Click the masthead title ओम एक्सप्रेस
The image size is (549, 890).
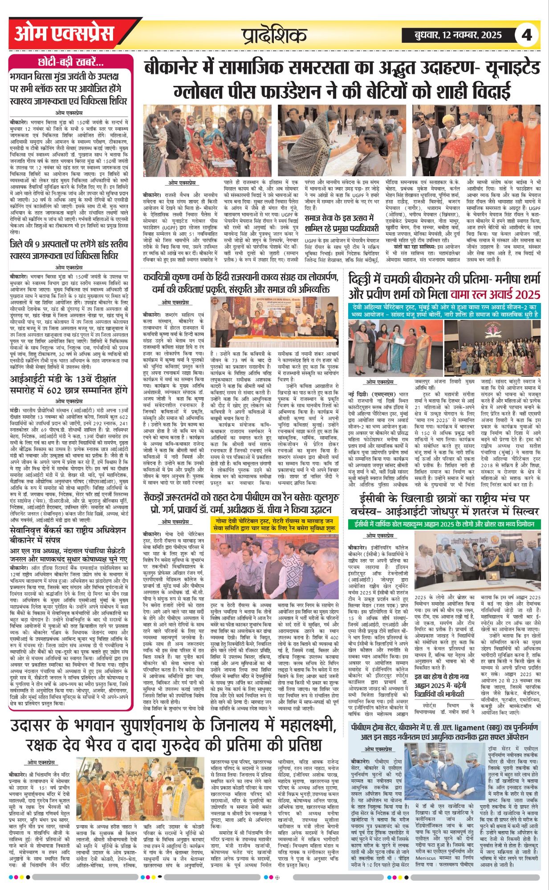64,34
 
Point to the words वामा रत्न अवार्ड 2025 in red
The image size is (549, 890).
495,294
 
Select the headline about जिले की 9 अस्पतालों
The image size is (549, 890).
69,250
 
